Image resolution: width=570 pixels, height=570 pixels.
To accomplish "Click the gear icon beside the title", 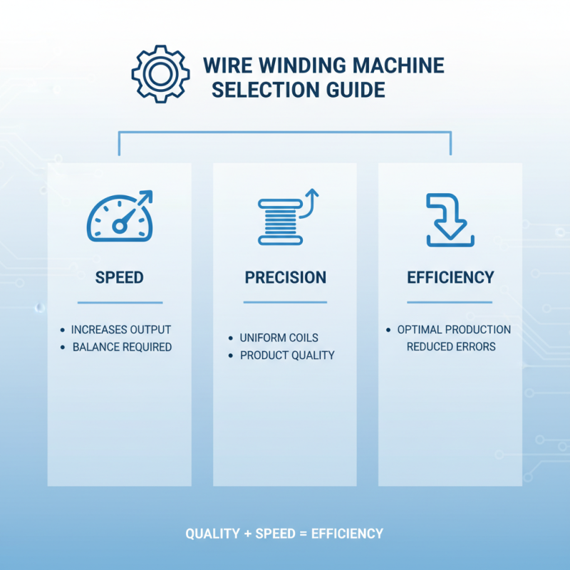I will point(160,74).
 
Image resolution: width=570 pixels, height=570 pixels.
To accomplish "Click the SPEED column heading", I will point(120,277).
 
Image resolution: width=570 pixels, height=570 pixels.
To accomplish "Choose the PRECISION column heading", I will point(285,277).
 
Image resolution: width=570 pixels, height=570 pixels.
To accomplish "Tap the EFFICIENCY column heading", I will point(450,277).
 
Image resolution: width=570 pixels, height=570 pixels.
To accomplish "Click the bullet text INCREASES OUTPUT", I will point(121,330).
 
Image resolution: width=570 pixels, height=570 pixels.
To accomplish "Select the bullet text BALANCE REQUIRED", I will point(122,347).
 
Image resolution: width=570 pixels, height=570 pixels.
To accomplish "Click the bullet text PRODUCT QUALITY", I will point(287,355).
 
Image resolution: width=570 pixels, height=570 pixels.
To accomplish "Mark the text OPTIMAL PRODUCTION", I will point(454,330).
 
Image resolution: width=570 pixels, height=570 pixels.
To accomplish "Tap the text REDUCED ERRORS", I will point(451,346).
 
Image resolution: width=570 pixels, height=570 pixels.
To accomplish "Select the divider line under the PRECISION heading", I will point(285,302).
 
